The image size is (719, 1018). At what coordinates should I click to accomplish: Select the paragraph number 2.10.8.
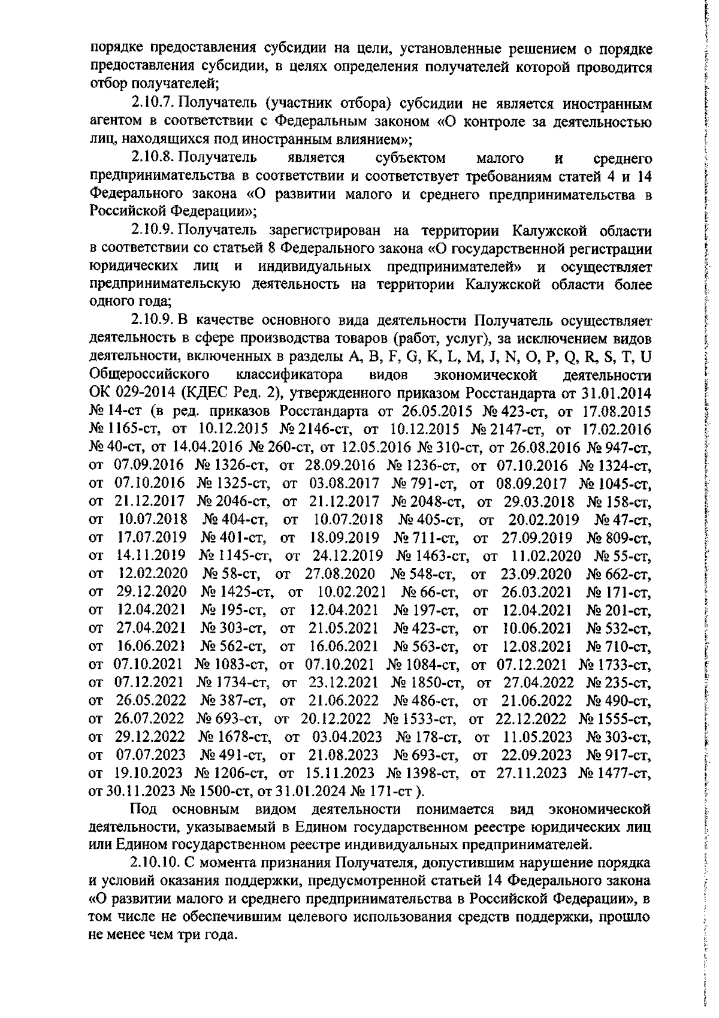(x=152, y=159)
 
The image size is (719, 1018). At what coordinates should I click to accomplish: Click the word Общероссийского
(x=149, y=376)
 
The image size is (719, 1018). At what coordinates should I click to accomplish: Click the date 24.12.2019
(x=342, y=556)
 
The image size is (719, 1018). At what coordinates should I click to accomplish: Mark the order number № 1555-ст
(x=614, y=718)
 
